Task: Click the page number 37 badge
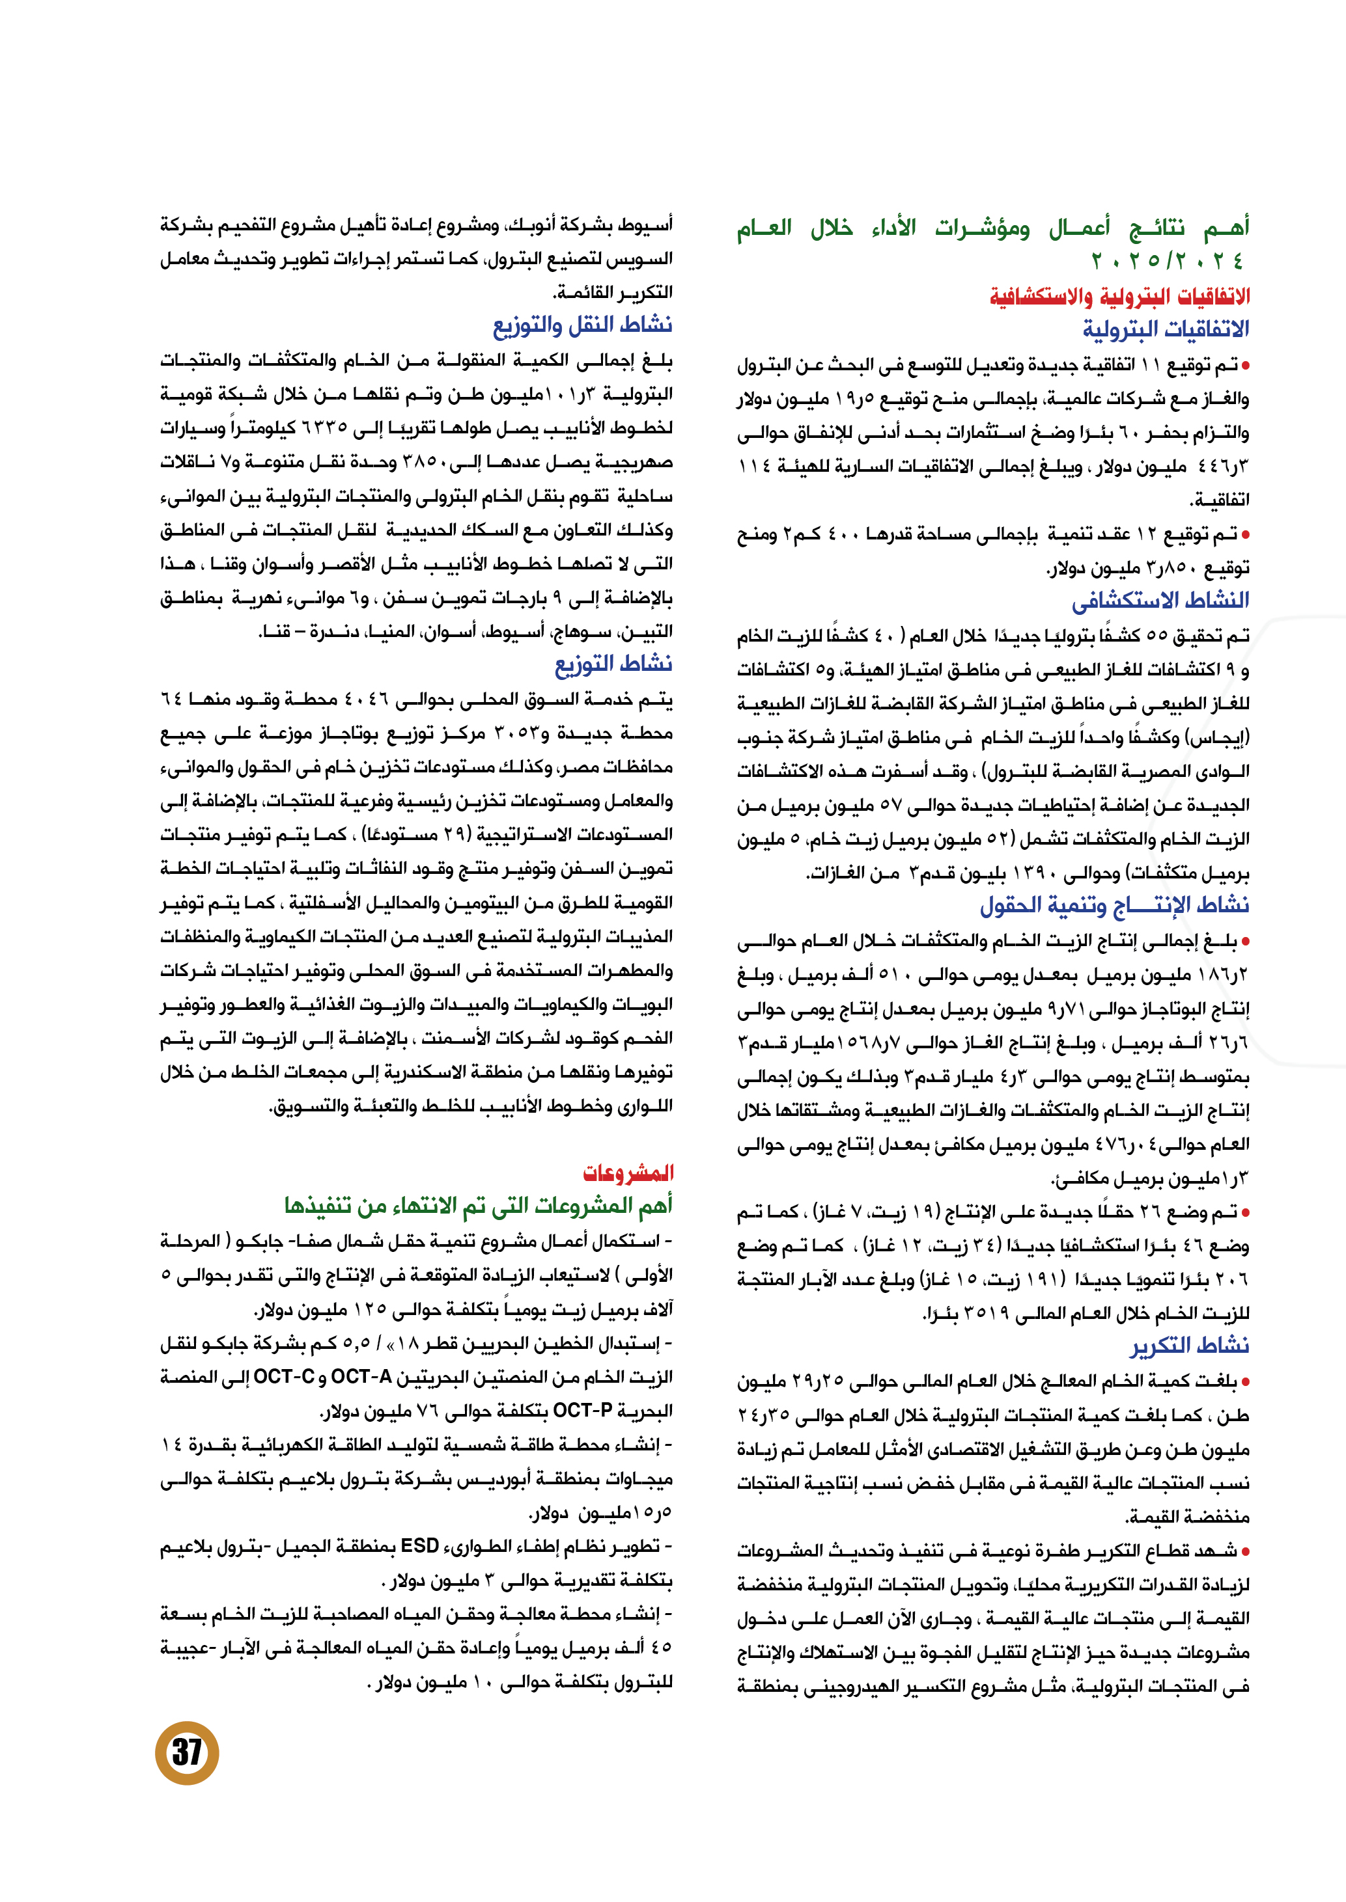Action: pyautogui.click(x=186, y=1752)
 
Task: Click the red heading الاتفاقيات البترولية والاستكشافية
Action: pyautogui.click(x=1119, y=295)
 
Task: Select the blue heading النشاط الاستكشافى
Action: pyautogui.click(x=1160, y=600)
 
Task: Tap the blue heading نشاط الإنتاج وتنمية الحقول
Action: pyautogui.click(x=1114, y=904)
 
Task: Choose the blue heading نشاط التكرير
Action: pyautogui.click(x=1188, y=1345)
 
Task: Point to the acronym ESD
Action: pyautogui.click(x=419, y=1546)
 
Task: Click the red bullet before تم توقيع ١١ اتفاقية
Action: pyautogui.click(x=1245, y=364)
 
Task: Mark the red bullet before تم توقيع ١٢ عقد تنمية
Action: pyautogui.click(x=1245, y=534)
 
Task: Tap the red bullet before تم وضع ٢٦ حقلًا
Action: pyautogui.click(x=1245, y=1212)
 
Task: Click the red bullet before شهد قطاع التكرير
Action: pyautogui.click(x=1245, y=1551)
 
